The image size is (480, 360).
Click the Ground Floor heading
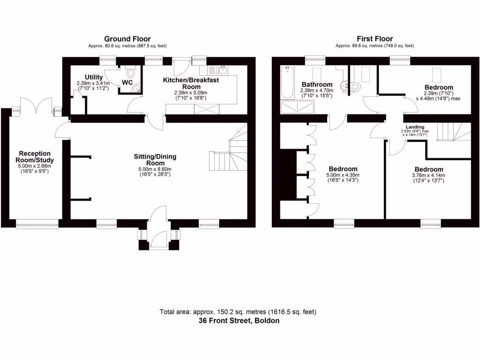tap(127, 39)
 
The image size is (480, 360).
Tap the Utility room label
tap(94, 77)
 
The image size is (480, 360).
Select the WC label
tap(127, 83)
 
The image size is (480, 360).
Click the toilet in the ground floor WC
tap(130, 73)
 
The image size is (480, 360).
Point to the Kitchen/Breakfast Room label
tap(191, 83)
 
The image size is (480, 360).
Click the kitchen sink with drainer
tap(217, 70)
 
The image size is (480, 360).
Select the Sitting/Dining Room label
tap(158, 160)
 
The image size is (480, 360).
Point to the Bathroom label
tap(317, 85)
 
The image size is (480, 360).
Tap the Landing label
tap(415, 127)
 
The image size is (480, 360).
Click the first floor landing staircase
tap(448, 132)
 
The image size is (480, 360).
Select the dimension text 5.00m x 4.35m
tap(343, 176)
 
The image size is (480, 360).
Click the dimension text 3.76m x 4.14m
tap(428, 176)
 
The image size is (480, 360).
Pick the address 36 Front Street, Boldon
tap(239, 321)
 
